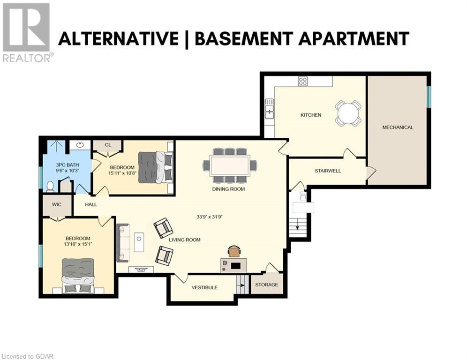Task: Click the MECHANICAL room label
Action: [398, 127]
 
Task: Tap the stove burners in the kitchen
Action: [303, 81]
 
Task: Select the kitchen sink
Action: [270, 109]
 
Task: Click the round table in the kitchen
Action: [348, 113]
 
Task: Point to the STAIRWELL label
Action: [328, 171]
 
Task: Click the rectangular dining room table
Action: [230, 165]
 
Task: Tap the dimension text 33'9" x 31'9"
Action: [210, 217]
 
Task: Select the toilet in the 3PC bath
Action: [50, 187]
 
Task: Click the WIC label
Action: [57, 204]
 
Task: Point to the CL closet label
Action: [108, 145]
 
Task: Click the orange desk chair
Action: [234, 251]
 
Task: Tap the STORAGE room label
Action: [267, 285]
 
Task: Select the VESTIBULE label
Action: [204, 287]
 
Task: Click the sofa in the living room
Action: [123, 243]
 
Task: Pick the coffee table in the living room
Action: [139, 242]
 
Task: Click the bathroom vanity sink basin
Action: [80, 145]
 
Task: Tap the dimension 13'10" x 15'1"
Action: [78, 244]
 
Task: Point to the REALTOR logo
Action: [27, 32]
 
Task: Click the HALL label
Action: [91, 204]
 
